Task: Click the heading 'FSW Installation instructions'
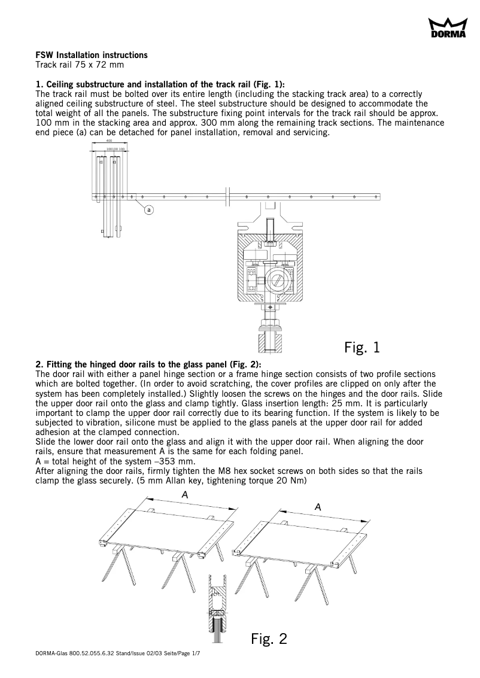[92, 55]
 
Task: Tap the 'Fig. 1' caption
[362, 347]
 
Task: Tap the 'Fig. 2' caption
[269, 639]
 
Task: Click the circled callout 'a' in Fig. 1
[148, 209]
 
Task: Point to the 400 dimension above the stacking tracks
[109, 141]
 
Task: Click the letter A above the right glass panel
[318, 506]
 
